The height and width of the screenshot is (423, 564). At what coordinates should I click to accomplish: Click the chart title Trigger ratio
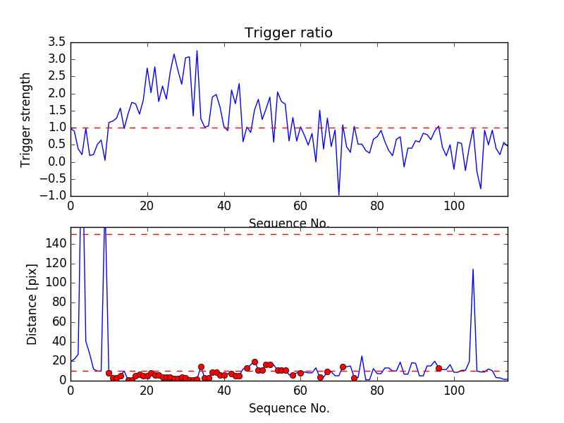coord(288,33)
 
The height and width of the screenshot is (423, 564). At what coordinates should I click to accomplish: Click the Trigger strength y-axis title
coord(26,119)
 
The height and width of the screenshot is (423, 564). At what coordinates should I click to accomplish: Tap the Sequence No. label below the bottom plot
coord(288,408)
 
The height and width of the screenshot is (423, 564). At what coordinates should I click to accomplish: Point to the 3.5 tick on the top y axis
coord(56,42)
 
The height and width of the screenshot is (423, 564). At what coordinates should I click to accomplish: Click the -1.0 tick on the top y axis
coord(54,196)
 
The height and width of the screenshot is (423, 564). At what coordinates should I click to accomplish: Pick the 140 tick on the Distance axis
coord(56,243)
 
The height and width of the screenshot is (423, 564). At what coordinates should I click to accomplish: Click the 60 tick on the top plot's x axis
coord(300,207)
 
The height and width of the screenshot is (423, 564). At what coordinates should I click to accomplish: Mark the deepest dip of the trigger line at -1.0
coord(338,195)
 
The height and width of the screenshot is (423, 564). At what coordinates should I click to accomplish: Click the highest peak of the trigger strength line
coord(197,50)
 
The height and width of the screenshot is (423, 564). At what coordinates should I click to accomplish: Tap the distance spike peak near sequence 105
coord(472,269)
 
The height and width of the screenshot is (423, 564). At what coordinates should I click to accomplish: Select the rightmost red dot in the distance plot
coord(439,368)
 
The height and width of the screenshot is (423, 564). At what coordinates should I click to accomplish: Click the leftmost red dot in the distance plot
coord(109,373)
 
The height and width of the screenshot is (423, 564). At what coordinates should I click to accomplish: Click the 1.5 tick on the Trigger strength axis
coord(56,111)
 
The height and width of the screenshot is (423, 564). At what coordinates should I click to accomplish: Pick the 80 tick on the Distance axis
coord(59,302)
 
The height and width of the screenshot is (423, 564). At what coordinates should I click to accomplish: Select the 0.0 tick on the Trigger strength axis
coord(56,162)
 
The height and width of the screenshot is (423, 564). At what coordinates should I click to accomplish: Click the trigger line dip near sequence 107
coord(481,188)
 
